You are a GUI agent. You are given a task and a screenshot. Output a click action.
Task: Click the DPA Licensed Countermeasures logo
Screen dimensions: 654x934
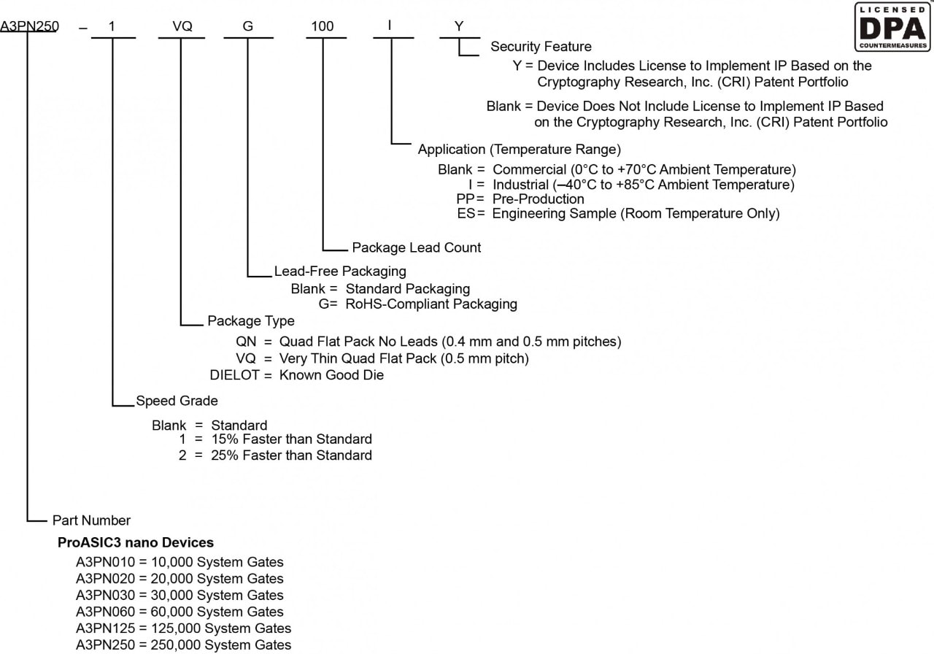tap(892, 27)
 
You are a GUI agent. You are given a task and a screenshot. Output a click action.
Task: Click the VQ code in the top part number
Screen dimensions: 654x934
tap(182, 27)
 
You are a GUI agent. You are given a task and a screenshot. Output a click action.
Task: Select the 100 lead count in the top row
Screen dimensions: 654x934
tap(322, 27)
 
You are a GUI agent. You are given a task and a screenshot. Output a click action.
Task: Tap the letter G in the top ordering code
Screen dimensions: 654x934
tap(248, 27)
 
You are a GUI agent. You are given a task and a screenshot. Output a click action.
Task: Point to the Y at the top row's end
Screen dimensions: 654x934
tap(458, 27)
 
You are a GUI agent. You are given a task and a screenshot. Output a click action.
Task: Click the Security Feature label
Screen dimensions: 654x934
tap(541, 47)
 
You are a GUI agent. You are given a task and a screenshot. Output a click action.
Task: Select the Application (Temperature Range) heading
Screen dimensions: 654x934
tap(519, 150)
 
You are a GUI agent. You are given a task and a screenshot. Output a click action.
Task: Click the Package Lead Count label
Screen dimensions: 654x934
tap(417, 248)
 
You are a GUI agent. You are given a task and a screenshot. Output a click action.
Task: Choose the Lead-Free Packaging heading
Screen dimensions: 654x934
tap(340, 272)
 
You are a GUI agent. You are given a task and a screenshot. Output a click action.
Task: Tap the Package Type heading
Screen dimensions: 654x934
tap(251, 321)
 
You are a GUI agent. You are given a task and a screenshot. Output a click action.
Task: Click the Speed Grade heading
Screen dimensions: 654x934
tap(177, 401)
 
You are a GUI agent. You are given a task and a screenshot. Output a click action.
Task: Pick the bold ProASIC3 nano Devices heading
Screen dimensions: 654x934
tap(136, 543)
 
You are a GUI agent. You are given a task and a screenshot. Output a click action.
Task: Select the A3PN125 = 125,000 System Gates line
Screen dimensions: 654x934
tap(183, 628)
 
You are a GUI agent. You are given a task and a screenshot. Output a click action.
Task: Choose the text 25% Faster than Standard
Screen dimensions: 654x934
tap(291, 455)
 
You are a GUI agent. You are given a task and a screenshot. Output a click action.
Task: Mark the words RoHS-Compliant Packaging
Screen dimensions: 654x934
tap(431, 304)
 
